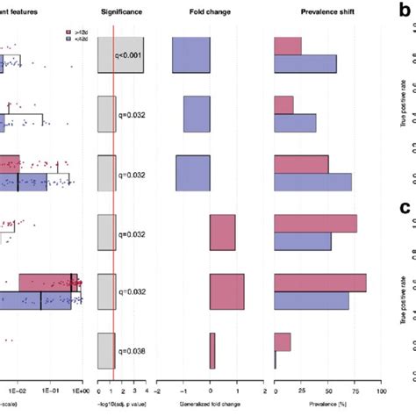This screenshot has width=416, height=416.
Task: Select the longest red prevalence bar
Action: (320, 282)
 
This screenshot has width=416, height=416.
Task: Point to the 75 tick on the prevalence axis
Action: (355, 385)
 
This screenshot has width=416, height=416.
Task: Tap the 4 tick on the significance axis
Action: (144, 385)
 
